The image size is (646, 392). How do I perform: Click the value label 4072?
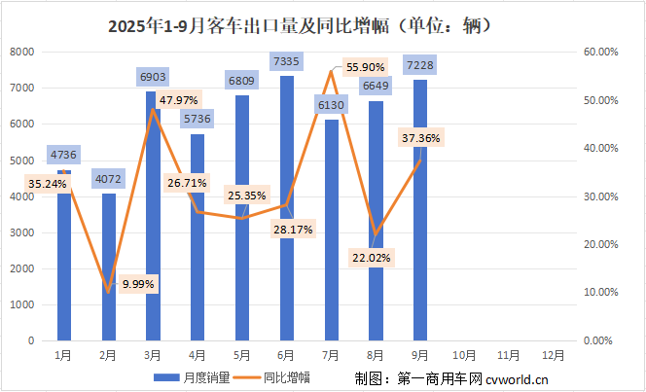pyautogui.click(x=108, y=179)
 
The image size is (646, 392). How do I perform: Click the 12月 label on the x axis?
pyautogui.click(x=553, y=356)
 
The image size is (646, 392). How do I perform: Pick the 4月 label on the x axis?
pyautogui.click(x=197, y=356)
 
